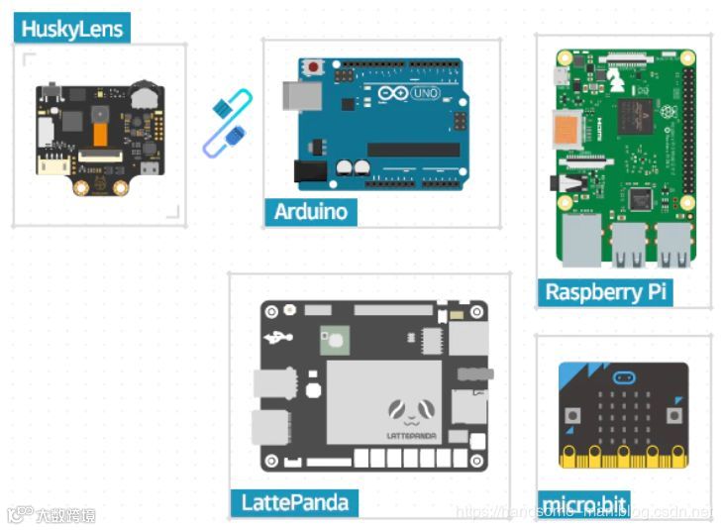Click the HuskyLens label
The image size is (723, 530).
click(72, 28)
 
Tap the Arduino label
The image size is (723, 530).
click(310, 211)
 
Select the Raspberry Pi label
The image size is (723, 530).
click(606, 291)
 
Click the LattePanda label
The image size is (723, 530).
click(294, 502)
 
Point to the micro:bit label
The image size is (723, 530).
click(584, 504)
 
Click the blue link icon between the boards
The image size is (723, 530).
click(229, 123)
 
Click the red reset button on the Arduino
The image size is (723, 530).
click(314, 67)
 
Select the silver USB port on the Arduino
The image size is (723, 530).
click(297, 95)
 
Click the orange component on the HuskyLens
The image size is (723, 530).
click(99, 132)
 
